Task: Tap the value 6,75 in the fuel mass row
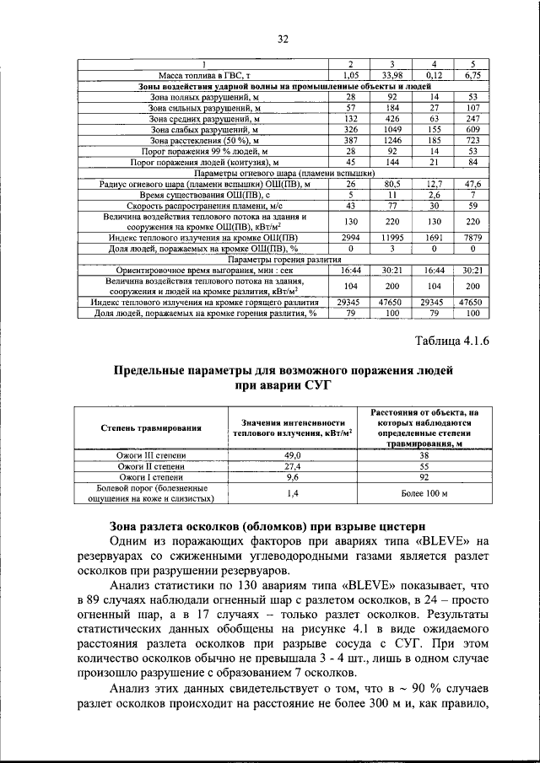point(472,76)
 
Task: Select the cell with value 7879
point(472,238)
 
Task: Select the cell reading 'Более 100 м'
point(425,493)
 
